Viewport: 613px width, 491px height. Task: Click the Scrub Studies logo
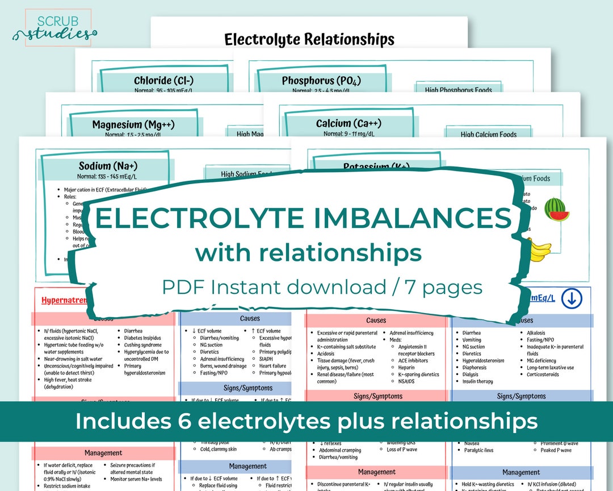click(54, 28)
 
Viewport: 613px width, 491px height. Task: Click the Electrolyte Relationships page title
click(309, 39)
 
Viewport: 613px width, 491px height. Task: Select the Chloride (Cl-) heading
click(163, 81)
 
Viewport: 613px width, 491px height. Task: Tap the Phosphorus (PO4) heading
click(321, 81)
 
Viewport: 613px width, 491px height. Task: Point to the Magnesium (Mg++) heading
click(133, 124)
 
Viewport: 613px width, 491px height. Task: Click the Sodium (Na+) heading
click(108, 166)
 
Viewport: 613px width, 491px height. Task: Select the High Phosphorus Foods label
click(457, 90)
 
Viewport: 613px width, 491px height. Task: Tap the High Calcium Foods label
click(488, 135)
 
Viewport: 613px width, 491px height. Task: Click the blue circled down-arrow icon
click(572, 298)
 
